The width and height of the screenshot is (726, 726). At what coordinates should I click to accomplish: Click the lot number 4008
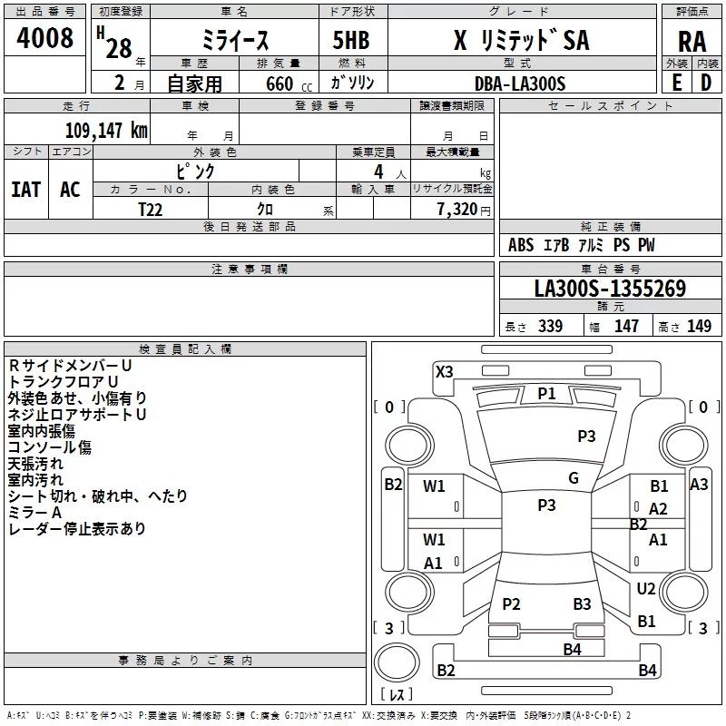(x=45, y=38)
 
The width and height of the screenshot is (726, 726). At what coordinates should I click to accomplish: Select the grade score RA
(x=692, y=41)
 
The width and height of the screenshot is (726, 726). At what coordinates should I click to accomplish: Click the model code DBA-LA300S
(x=519, y=83)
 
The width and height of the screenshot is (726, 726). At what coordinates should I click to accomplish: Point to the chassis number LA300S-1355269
(x=610, y=289)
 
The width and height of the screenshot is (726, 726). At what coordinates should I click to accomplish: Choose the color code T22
(x=152, y=209)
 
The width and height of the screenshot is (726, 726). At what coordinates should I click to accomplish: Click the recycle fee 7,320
(x=456, y=209)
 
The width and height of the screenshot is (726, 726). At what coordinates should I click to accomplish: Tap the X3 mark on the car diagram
(x=445, y=371)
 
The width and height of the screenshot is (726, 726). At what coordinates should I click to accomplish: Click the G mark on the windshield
(x=574, y=478)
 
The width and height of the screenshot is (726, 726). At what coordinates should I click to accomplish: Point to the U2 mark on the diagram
(x=646, y=589)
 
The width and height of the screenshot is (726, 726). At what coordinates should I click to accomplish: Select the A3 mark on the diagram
(x=699, y=485)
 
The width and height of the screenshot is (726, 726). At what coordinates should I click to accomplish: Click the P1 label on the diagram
(x=546, y=393)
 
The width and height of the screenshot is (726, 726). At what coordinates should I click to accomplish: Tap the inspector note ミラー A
(x=34, y=513)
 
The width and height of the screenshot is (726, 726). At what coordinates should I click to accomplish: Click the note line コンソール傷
(x=50, y=447)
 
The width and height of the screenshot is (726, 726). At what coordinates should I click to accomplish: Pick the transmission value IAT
(x=25, y=189)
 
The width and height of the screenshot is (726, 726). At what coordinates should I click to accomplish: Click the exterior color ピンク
(x=195, y=171)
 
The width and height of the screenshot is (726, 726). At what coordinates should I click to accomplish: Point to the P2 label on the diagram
(x=511, y=604)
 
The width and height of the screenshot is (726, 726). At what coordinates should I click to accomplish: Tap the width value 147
(x=626, y=327)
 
